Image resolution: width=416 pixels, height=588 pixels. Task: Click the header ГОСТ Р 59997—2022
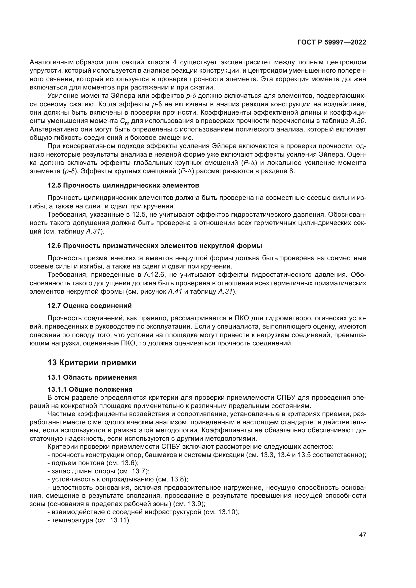click(332, 42)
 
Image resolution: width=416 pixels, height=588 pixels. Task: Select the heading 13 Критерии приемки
click(92, 363)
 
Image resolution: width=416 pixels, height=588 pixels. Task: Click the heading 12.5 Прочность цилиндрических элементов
click(123, 185)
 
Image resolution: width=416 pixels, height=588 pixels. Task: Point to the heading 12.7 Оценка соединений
click(90, 306)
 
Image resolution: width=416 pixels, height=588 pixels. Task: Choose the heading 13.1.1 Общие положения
click(90, 389)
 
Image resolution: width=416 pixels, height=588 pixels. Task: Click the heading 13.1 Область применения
click(92, 378)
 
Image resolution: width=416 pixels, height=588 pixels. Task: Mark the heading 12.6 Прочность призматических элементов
click(155, 246)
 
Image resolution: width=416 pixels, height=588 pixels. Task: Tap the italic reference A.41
click(175, 292)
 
